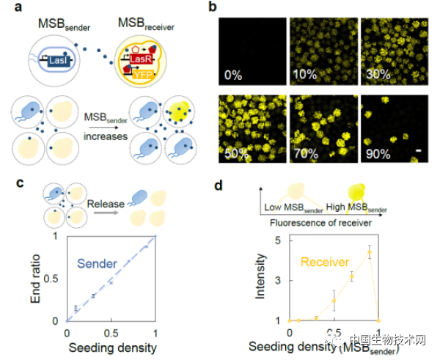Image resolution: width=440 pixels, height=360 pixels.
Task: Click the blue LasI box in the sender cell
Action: [58, 65]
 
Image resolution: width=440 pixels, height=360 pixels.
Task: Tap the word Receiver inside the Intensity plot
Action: [324, 259]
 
